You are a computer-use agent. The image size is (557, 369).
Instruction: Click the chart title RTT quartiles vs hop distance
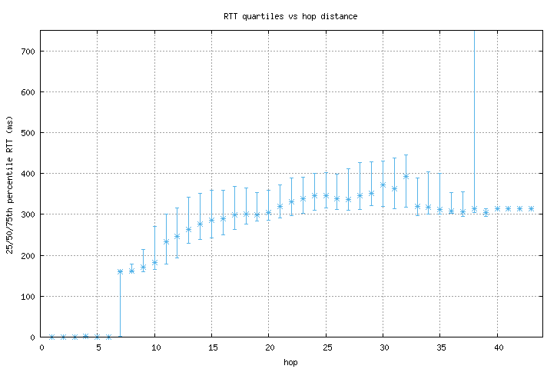pos(290,15)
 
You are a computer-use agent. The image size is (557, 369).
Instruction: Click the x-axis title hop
pos(290,361)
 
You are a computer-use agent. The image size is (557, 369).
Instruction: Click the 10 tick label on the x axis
pos(154,347)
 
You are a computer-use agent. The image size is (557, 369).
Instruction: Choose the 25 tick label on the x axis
pos(326,347)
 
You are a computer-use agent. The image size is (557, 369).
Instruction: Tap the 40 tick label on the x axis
pos(497,347)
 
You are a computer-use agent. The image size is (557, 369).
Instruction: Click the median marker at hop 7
pos(120,271)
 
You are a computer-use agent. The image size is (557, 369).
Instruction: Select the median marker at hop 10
pos(154,262)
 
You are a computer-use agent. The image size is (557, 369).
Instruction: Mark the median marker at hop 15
pos(211,220)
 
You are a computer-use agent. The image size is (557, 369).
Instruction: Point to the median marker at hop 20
pos(269,213)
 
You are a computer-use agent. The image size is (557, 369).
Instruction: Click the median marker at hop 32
pos(406,176)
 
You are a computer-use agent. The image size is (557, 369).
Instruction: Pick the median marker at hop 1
pos(51,337)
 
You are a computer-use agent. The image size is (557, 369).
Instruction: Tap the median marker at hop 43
pos(531,208)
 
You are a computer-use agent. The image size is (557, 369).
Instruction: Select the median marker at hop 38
pos(474,209)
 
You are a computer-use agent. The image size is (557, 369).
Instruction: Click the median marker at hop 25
pos(326,195)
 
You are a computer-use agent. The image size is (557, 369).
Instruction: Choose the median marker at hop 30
pos(383,184)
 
